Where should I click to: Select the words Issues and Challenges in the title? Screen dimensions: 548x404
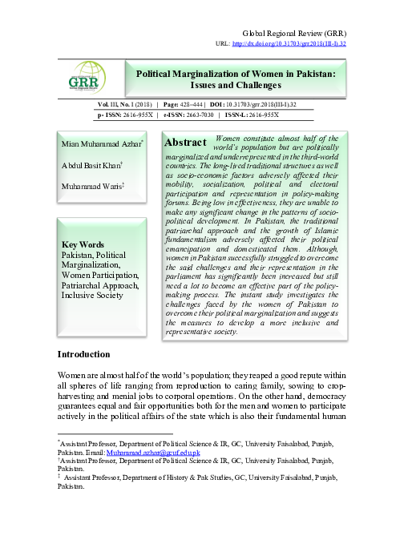pyautogui.click(x=236, y=85)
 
